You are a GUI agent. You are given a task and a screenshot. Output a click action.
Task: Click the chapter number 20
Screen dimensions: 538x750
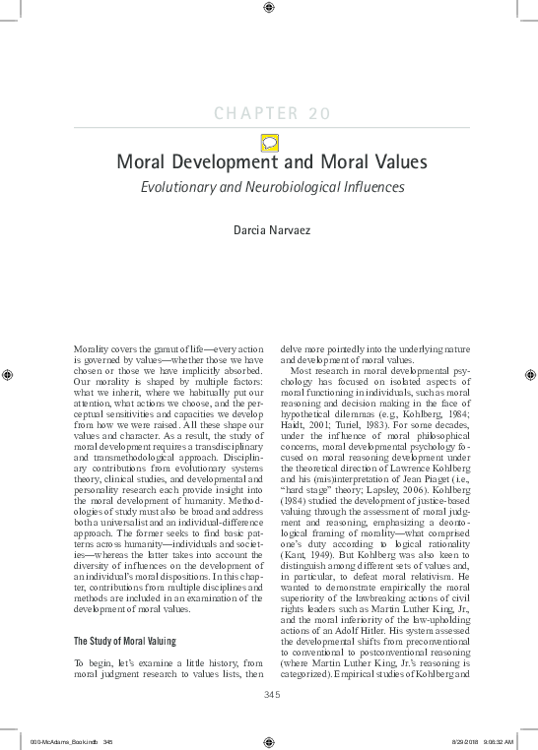(317, 113)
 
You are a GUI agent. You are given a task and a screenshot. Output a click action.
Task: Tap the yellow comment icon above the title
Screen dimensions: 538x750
(268, 141)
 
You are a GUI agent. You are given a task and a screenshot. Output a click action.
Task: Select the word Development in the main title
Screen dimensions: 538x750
(228, 163)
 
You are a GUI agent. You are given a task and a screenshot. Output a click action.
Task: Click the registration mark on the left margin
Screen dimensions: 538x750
(9, 373)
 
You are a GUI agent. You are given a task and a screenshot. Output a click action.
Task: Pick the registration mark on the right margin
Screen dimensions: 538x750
(529, 373)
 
